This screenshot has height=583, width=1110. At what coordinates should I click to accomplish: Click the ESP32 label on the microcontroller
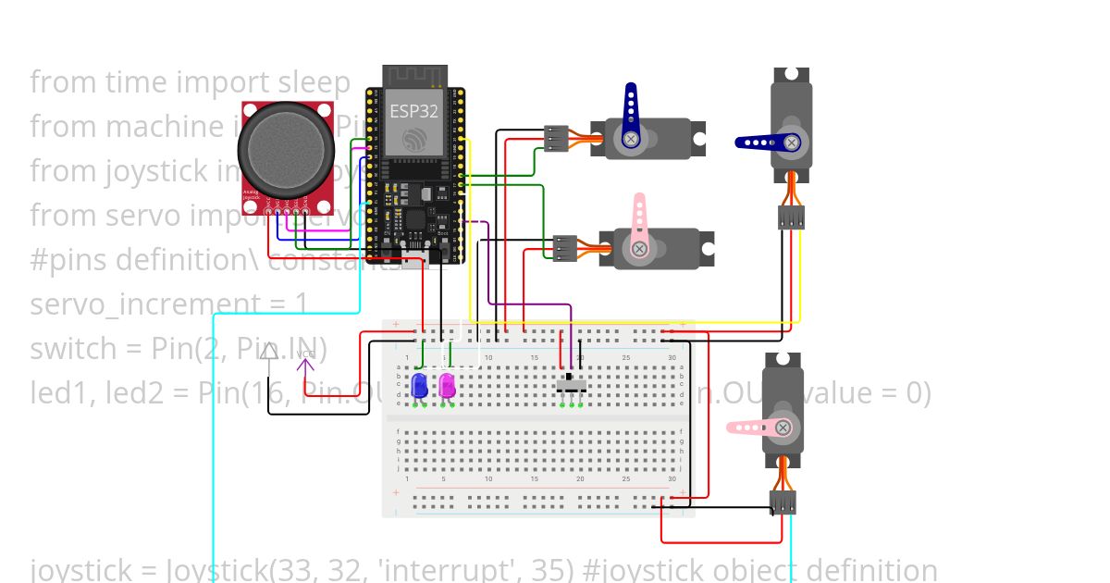413,111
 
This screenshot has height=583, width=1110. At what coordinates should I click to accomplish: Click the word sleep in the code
316,82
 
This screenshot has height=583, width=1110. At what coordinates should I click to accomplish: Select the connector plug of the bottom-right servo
783,502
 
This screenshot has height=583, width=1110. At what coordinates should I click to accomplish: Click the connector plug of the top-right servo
791,217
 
